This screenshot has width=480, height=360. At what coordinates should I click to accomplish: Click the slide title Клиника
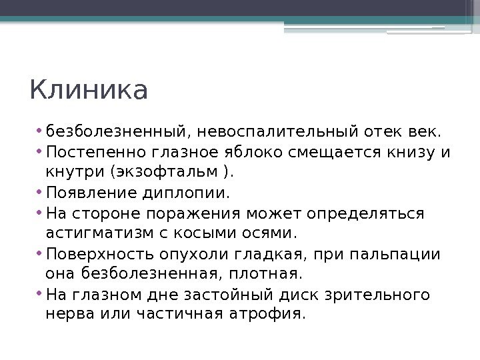click(89, 91)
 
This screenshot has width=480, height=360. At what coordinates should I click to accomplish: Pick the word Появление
click(89, 194)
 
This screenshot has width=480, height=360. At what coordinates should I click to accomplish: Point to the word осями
click(265, 234)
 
